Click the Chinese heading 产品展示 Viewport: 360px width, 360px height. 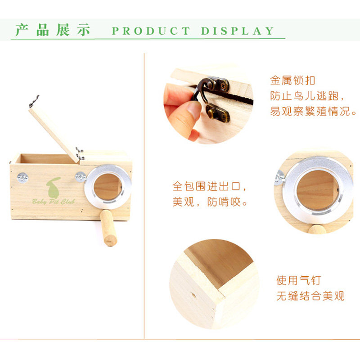(x=53, y=30)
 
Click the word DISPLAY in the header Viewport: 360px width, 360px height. (x=238, y=31)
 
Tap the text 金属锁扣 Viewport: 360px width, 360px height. (x=292, y=81)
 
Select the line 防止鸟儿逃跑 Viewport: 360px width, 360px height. (x=308, y=96)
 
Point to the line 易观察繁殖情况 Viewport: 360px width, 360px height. (x=313, y=111)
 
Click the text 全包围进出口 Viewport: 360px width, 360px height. (x=210, y=186)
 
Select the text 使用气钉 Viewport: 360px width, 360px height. (x=298, y=281)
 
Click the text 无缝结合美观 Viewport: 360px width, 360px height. (x=310, y=296)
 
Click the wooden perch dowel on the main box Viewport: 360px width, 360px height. (x=108, y=227)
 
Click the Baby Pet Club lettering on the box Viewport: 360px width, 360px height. (x=53, y=201)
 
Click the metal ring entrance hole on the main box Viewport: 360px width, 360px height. (x=108, y=187)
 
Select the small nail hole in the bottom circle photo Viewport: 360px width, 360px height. (x=194, y=296)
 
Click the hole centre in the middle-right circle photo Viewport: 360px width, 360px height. (x=316, y=189)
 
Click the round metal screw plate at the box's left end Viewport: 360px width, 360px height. (x=23, y=178)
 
